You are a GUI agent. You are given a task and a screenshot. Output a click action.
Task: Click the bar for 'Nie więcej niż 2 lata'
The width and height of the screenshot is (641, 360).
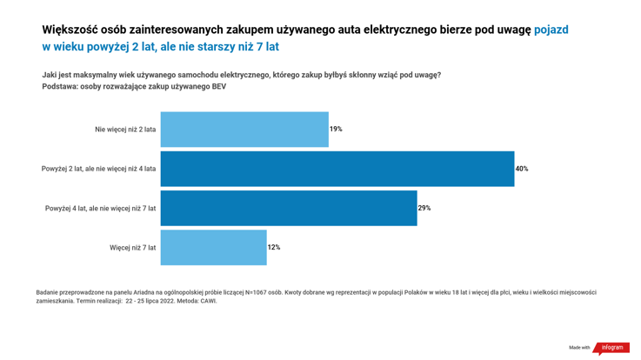point(244,130)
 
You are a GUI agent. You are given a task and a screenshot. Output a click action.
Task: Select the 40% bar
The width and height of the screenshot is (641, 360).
point(337,169)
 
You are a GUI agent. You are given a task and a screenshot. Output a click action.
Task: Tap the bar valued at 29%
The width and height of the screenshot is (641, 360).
point(288,209)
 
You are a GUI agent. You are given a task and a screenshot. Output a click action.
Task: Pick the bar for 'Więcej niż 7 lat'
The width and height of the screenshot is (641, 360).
point(213,248)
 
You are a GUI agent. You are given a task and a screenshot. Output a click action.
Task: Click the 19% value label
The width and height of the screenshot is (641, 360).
point(336,130)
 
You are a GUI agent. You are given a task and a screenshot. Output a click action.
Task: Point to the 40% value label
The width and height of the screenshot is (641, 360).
point(522,169)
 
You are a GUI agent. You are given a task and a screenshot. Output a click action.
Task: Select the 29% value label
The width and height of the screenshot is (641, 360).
point(424,209)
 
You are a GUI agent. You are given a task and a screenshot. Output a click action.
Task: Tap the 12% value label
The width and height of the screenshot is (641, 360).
point(274,248)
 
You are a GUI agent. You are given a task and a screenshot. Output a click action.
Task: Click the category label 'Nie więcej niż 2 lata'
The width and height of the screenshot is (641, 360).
point(125,130)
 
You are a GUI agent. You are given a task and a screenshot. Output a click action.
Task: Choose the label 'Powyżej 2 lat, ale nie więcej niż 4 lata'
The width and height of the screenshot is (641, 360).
point(98,169)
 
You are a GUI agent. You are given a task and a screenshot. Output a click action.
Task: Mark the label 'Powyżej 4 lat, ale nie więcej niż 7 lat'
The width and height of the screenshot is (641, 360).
point(100,209)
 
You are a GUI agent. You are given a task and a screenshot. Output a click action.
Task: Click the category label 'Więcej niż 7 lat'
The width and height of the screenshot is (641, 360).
point(132,248)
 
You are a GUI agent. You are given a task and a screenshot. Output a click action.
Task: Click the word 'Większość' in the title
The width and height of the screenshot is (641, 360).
point(70,30)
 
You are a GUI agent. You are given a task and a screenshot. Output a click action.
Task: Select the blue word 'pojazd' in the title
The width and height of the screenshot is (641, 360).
point(551,30)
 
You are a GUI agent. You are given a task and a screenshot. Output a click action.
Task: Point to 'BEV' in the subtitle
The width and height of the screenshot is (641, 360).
point(217,87)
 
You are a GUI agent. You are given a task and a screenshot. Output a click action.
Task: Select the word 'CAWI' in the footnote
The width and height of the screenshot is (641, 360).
point(208,301)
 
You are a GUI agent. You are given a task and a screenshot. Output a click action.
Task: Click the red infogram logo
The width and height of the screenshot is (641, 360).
point(611,348)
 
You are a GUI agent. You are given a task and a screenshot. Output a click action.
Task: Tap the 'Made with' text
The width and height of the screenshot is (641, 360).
point(579,348)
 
